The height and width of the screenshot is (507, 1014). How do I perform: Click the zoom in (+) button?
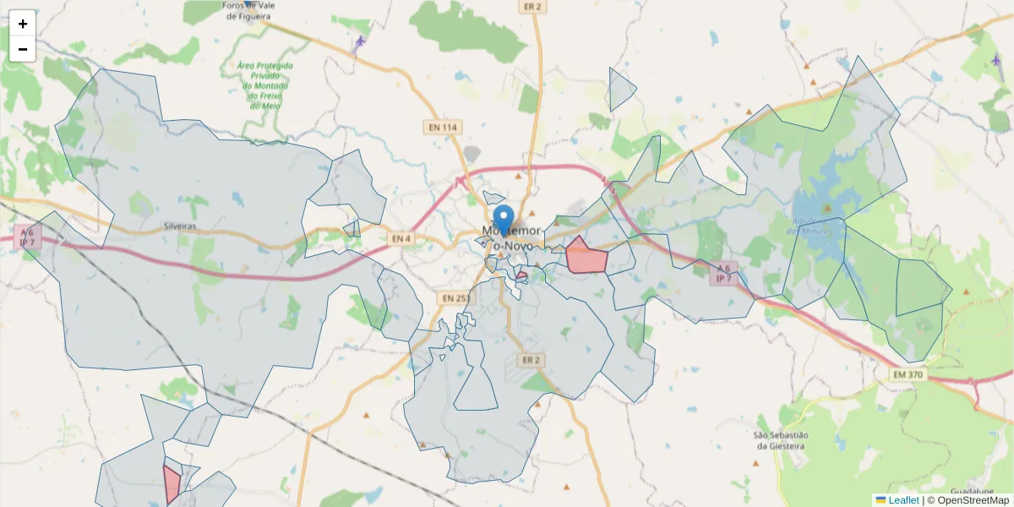[x=23, y=24]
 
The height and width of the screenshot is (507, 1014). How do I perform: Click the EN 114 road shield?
[x=442, y=128]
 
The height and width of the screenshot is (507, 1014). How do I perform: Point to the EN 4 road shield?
[x=401, y=239]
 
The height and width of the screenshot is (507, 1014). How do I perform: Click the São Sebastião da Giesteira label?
[x=782, y=440]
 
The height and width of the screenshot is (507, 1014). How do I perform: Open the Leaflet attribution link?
[x=902, y=500]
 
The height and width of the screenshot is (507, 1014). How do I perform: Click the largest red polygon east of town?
[x=585, y=257]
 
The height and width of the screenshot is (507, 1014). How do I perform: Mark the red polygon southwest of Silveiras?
[x=172, y=483]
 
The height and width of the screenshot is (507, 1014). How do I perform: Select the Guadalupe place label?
[x=971, y=491]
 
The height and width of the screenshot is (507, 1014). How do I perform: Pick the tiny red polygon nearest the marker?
[x=521, y=275]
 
